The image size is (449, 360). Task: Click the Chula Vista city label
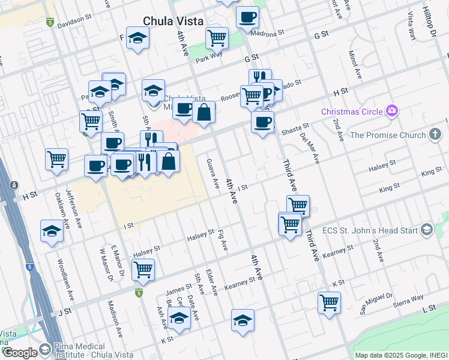pyautogui.click(x=173, y=21)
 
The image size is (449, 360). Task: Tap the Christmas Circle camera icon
pyautogui.click(x=393, y=110)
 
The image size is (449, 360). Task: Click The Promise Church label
pyautogui.click(x=387, y=135)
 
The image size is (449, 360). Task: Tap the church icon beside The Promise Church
pyautogui.click(x=436, y=135)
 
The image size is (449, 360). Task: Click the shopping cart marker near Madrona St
pyautogui.click(x=217, y=38)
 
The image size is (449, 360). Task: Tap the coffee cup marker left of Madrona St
pyautogui.click(x=247, y=17)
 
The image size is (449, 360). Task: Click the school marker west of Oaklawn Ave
pyautogui.click(x=52, y=232)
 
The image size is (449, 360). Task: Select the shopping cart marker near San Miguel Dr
pyautogui.click(x=329, y=302)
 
